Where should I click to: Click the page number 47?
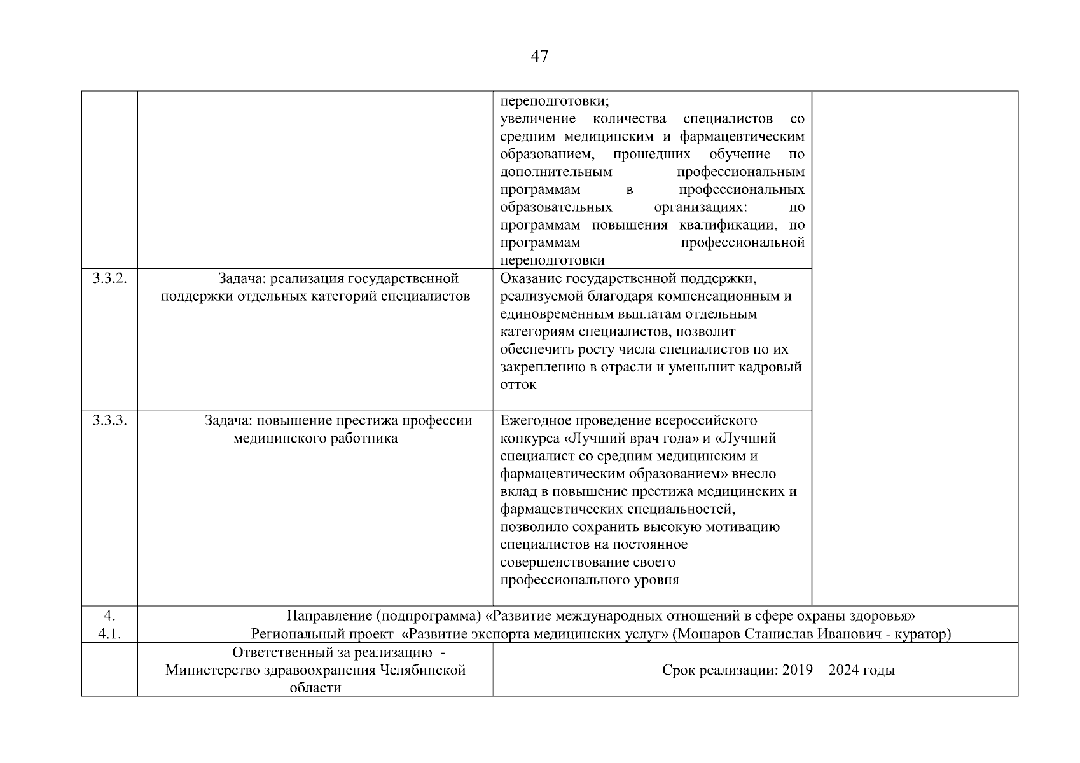coord(539,57)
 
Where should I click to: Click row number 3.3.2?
coord(109,278)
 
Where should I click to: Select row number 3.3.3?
coord(109,420)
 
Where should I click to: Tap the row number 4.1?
coord(109,634)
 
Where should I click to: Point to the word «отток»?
coord(518,385)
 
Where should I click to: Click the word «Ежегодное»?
coord(536,420)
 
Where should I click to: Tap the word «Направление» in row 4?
coord(328,615)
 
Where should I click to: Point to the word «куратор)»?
coord(925,634)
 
